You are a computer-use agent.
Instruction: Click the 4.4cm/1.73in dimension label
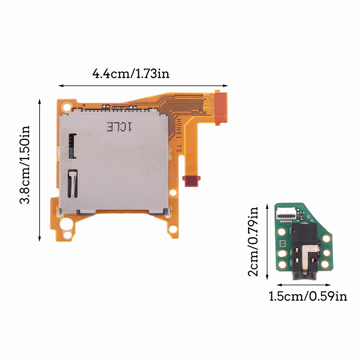click(x=130, y=74)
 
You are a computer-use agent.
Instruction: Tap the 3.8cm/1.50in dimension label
click(x=25, y=165)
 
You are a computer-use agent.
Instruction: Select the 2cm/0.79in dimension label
click(x=253, y=241)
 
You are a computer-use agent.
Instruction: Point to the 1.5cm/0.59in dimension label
click(x=308, y=296)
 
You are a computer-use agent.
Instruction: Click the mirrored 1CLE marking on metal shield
click(x=119, y=127)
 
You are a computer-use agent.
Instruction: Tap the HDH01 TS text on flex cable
click(x=179, y=136)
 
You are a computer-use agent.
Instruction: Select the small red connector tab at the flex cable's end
click(x=191, y=181)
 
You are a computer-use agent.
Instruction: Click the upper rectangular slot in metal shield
click(x=72, y=146)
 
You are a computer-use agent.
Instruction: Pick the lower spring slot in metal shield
click(x=72, y=184)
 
